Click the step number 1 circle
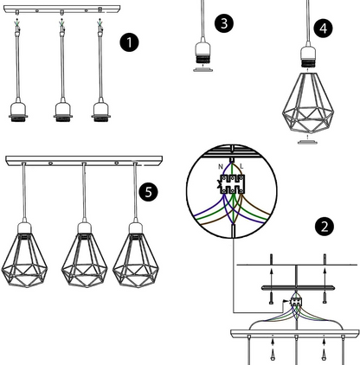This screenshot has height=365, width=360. pos(129,42)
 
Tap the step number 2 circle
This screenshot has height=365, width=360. pos(325,227)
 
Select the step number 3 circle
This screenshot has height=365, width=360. pos(224,23)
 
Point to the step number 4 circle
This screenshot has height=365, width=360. pos(324,29)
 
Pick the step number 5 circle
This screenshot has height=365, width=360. pos(148,192)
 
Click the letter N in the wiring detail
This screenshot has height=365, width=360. pos(221,167)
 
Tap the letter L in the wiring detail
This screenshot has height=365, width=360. pos(241,166)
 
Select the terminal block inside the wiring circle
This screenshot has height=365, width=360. pos(232,184)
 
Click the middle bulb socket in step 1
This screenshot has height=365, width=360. pos(63,112)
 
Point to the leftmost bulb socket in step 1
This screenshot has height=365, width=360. pos(18,112)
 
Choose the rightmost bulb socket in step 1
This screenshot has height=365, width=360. pos(101,112)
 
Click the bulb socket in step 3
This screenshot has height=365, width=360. pos(202,53)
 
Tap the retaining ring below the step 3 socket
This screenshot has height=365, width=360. pos(202,69)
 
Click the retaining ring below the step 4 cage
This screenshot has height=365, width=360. pos(308,142)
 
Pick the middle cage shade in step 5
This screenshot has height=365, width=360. pos(84,260)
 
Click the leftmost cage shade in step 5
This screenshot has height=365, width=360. pos(24,260)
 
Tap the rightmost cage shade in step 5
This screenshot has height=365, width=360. pos(136,260)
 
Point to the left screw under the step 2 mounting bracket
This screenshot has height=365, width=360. pos(271,298)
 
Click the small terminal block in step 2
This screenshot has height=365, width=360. pos(296,302)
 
